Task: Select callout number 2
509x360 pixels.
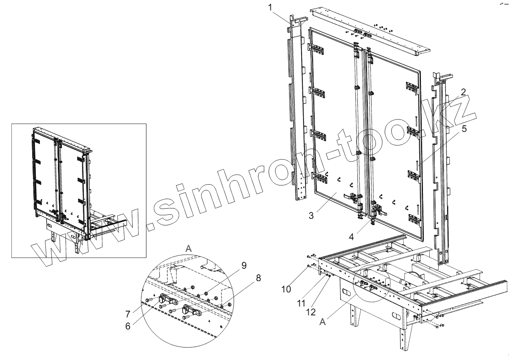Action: [x=463, y=92]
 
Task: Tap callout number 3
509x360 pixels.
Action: [x=311, y=215]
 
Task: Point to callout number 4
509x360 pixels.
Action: [x=351, y=237]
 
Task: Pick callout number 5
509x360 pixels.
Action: [x=464, y=129]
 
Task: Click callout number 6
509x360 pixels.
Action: [x=128, y=326]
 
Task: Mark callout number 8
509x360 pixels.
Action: [x=258, y=278]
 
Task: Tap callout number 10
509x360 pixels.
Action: [x=287, y=289]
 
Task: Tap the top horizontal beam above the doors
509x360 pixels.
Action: [x=370, y=30]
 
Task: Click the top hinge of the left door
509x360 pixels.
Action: [x=316, y=49]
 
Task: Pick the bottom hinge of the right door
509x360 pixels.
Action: [x=414, y=219]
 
